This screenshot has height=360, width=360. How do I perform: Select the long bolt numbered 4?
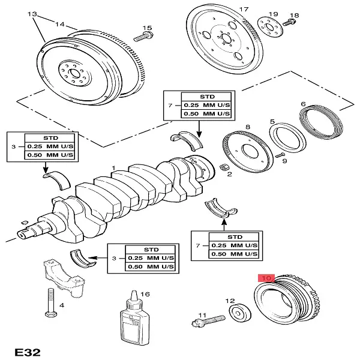(x=50, y=303)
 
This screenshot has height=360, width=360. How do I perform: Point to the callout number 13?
(x=32, y=13)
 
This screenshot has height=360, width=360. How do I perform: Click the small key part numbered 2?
(x=223, y=167)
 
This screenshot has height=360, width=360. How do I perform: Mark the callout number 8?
(x=248, y=127)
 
